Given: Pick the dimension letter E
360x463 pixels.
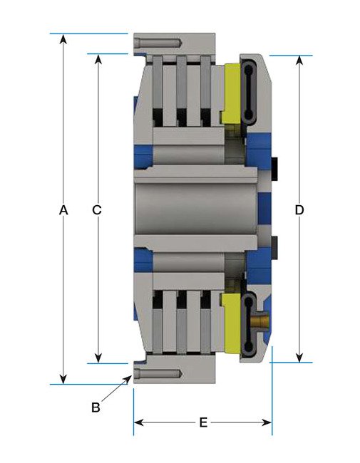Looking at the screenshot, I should coord(203,422).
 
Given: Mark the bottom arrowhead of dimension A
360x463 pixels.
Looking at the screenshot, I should coord(63,379).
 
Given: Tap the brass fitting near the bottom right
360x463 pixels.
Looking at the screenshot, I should coord(262,324).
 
